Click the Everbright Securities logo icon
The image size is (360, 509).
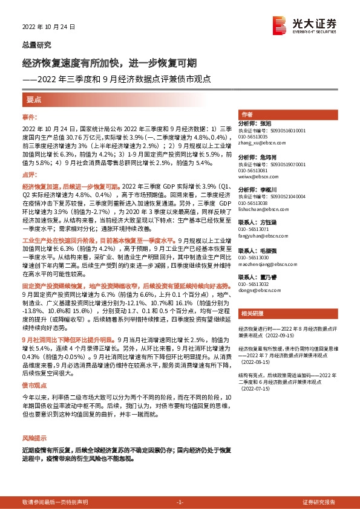pos(295,24)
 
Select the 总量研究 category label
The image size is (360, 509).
pos(37,45)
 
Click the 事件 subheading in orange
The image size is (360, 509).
pos(30,117)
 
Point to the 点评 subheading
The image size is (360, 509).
pos(30,173)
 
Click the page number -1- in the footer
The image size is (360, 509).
pos(179,502)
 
